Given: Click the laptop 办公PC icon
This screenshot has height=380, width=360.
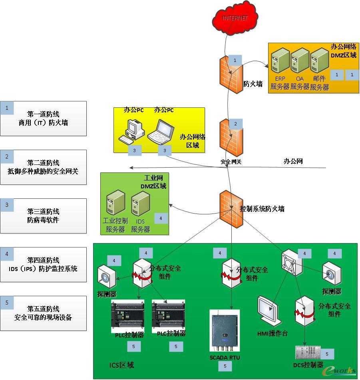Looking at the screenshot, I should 161,131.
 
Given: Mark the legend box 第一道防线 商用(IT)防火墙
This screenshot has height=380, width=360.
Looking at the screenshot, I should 43,119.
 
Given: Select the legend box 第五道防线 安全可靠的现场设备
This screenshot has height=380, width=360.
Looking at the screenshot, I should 43,313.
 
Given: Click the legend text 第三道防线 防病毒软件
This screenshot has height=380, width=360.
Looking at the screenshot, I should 43,216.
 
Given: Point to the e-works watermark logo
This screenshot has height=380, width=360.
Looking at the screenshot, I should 340,370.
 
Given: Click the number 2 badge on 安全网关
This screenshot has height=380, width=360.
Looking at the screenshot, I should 235,124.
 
